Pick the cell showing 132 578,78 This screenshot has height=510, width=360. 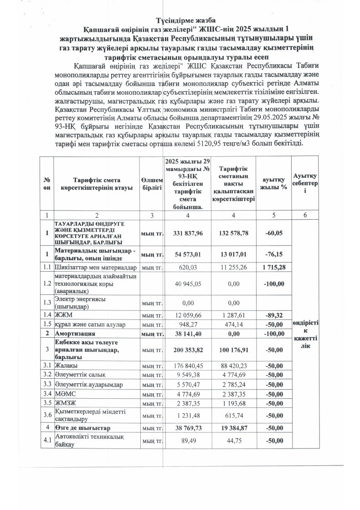pyautogui.click(x=233, y=233)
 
